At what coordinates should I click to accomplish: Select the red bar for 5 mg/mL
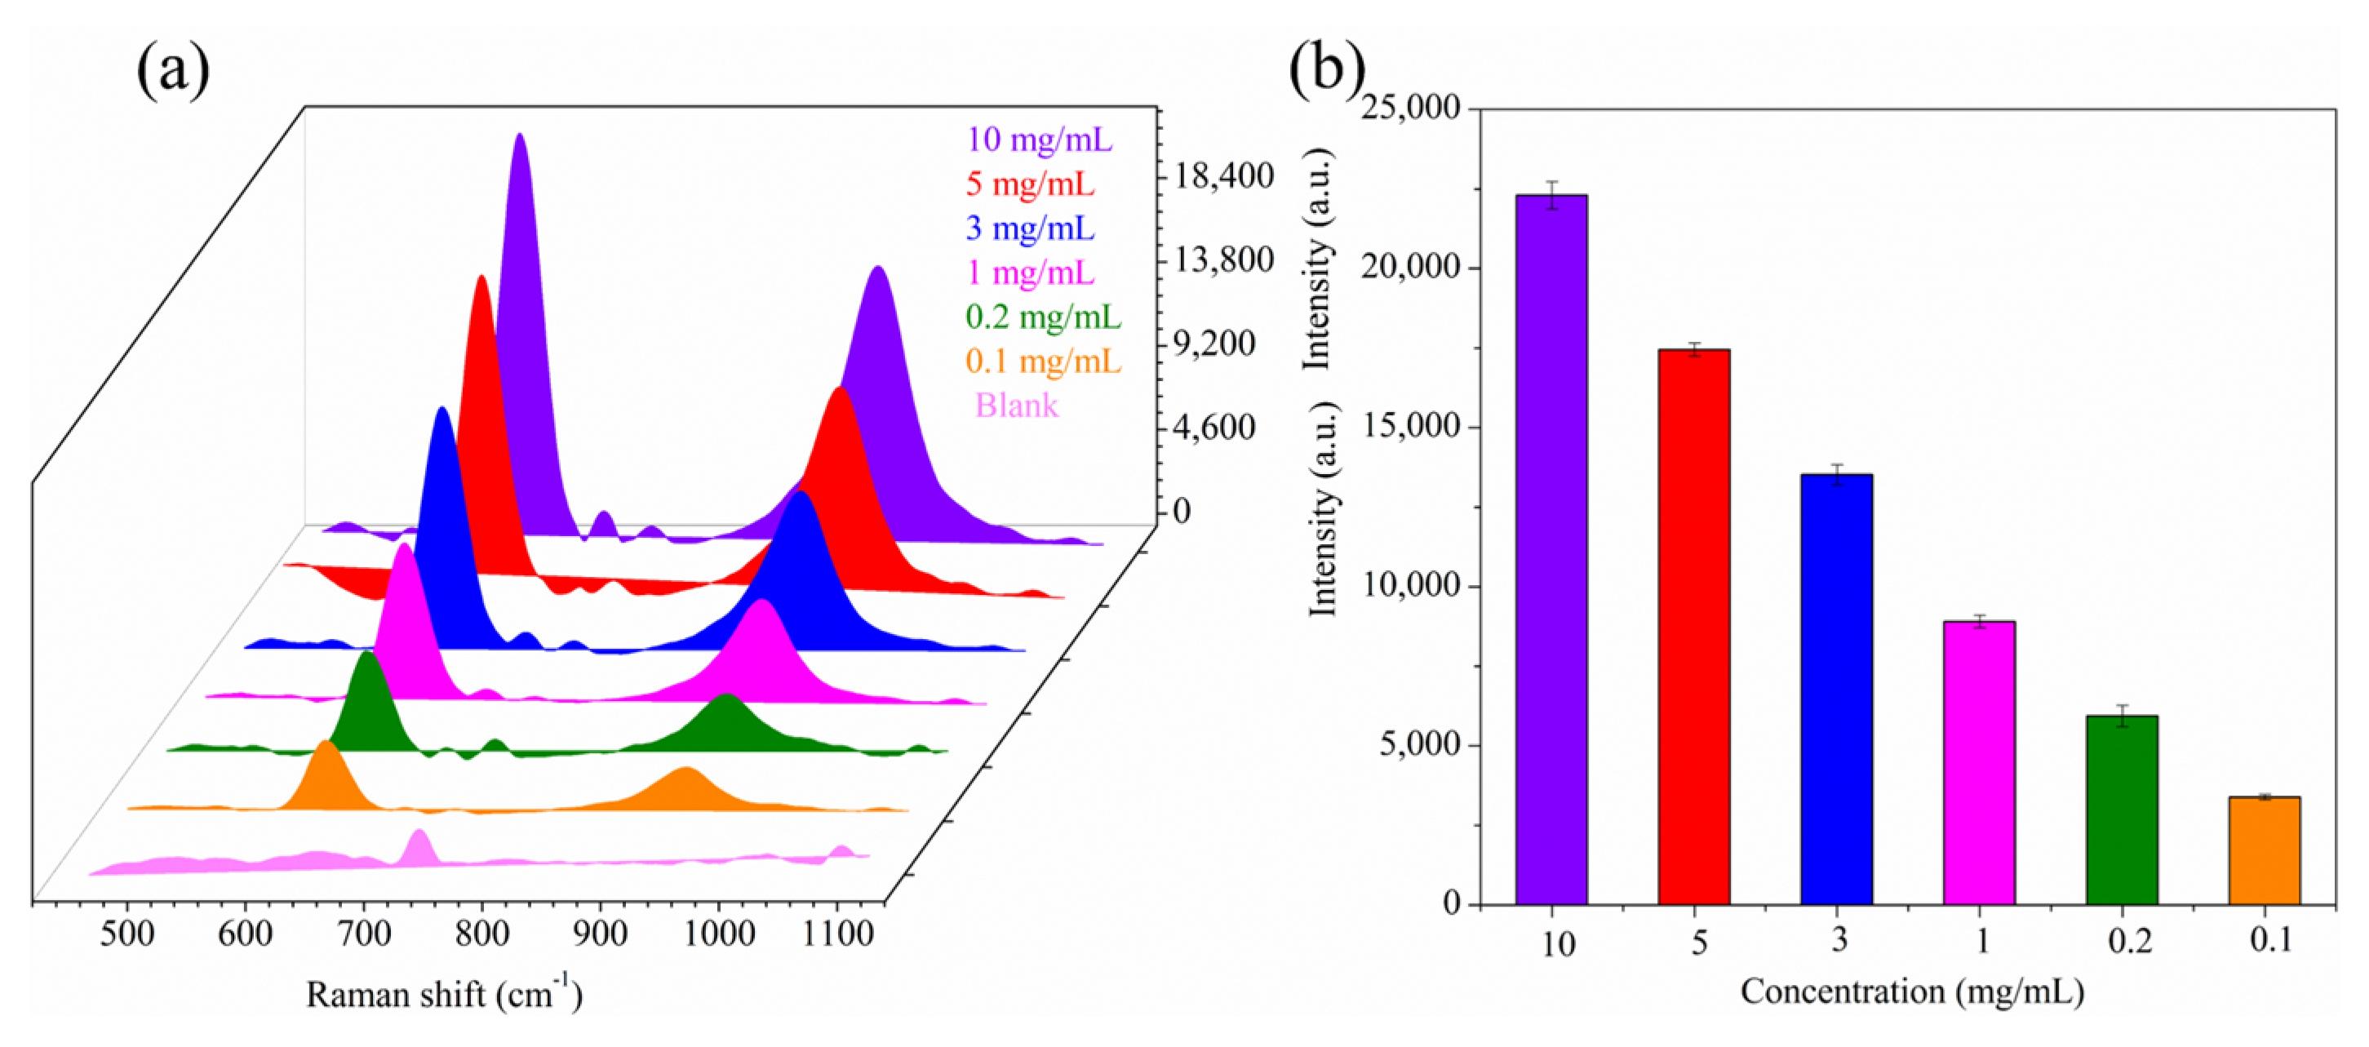pos(1693,627)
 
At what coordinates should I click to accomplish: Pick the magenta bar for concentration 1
pos(1979,763)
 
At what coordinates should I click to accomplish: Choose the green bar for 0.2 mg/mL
pos(2122,810)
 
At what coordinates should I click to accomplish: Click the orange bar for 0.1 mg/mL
pos(2265,850)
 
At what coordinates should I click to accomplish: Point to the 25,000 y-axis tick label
pos(1411,108)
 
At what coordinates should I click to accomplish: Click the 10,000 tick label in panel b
pos(1411,585)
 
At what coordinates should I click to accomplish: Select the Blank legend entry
pos(1016,405)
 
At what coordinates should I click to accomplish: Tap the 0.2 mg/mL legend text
pos(1043,317)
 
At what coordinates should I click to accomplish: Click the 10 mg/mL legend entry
pos(1038,140)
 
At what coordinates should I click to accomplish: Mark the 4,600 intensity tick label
pos(1215,427)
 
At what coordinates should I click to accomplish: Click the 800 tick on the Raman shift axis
pos(482,934)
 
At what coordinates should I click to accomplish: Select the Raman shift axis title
pos(444,994)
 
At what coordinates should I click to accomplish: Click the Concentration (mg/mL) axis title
pos(1912,992)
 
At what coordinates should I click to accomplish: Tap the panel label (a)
pos(173,69)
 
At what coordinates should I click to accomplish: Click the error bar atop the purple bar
pos(1551,194)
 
